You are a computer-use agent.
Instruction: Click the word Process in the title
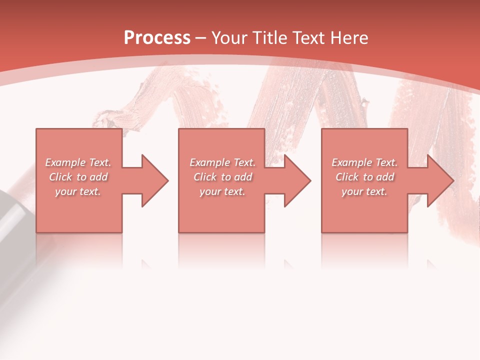157,38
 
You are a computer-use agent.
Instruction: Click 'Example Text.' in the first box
78,162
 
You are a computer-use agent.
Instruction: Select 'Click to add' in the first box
78,177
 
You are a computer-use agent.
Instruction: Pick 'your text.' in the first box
78,191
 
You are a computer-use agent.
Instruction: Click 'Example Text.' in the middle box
222,162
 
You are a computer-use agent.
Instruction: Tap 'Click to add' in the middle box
222,177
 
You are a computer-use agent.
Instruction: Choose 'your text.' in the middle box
222,191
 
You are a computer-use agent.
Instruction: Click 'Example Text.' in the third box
364,162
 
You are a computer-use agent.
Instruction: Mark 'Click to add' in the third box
364,177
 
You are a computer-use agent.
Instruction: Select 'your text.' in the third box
364,191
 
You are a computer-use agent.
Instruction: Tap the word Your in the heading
229,38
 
